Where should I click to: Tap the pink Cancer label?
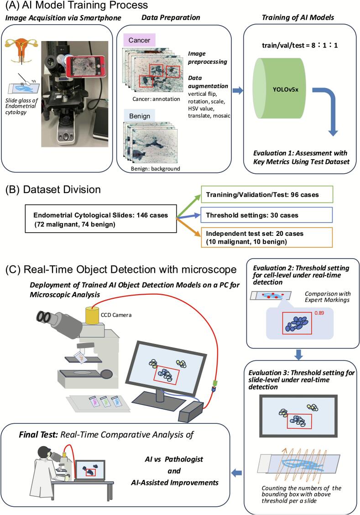139,40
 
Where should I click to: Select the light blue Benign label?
139,116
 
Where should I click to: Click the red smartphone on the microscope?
86,66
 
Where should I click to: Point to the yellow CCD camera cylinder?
92,315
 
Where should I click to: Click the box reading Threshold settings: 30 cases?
266,215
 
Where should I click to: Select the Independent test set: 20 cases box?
266,238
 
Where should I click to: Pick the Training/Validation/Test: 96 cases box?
266,194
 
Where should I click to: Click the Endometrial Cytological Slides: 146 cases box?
101,219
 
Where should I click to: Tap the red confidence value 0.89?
319,313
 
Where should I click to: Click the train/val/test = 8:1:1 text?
300,45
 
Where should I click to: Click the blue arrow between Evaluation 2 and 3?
298,354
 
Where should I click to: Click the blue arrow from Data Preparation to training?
238,90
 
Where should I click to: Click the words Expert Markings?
327,300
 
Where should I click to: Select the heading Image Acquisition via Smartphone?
63,18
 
